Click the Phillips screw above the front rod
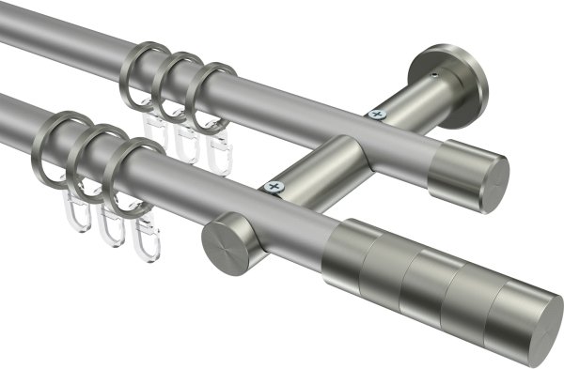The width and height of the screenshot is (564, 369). click(275, 188)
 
